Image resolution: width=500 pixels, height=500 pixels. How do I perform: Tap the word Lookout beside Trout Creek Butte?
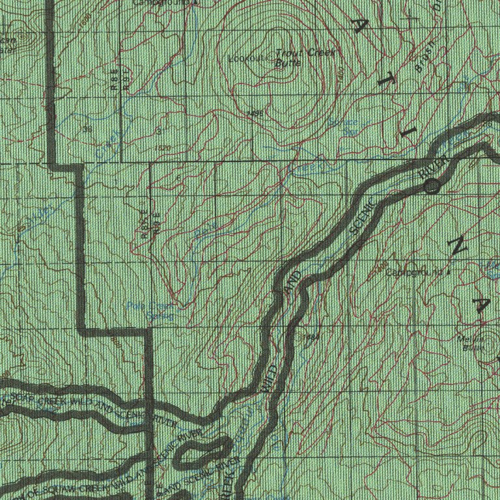point(247,58)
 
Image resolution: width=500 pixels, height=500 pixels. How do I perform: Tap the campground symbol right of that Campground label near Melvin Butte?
point(447,271)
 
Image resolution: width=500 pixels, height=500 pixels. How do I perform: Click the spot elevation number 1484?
point(312,337)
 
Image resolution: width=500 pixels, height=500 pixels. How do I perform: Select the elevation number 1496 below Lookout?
point(255,114)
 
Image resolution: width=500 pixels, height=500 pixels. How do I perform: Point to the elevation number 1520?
point(163,148)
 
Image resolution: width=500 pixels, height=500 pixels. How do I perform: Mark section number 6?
point(178,178)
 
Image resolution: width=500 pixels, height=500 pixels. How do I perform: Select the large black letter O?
point(433,186)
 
